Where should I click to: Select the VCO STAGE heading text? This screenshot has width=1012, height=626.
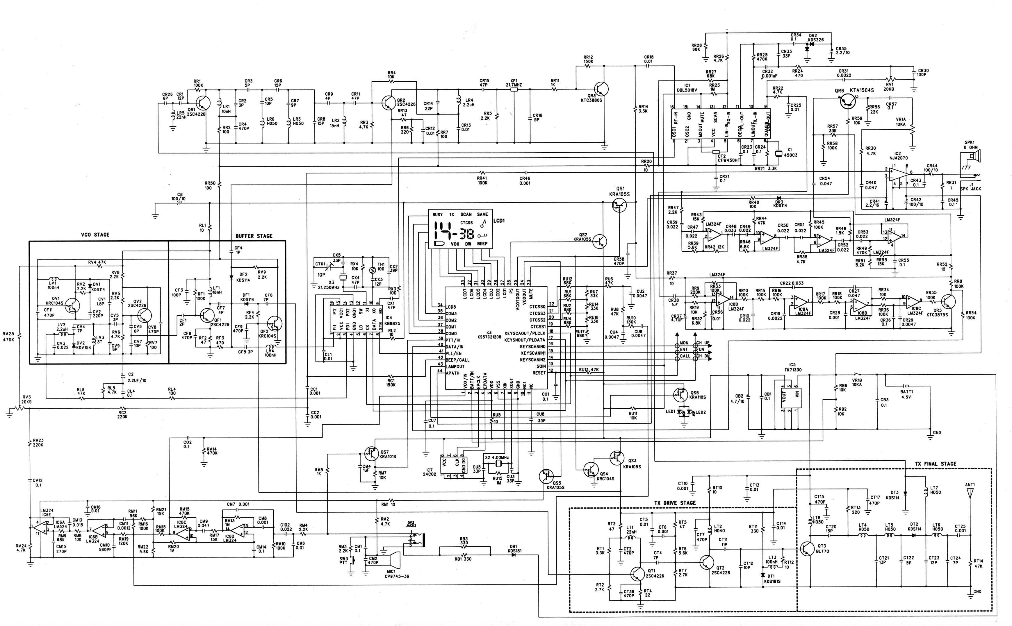[x=95, y=235]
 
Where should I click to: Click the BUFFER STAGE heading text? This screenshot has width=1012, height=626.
[x=254, y=236]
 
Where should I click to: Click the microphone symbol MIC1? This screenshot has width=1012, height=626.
[x=394, y=561]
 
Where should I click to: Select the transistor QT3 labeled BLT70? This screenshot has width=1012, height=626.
[x=807, y=549]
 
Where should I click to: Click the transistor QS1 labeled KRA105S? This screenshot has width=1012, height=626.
[x=619, y=205]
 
